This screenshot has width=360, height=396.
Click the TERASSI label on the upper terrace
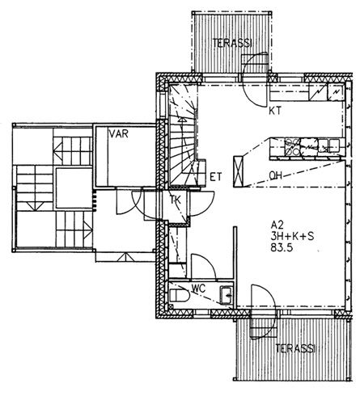pyautogui.click(x=232, y=43)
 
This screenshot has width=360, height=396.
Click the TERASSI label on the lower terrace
pyautogui.click(x=295, y=348)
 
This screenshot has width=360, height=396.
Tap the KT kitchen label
pyautogui.click(x=275, y=111)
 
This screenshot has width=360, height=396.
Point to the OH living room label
pyautogui.click(x=275, y=175)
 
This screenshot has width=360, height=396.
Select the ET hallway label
pyautogui.click(x=215, y=177)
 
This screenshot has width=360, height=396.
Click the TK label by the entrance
pyautogui.click(x=176, y=200)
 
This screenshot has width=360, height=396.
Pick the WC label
pyautogui.click(x=198, y=289)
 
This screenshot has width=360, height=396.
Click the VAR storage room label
pyautogui.click(x=118, y=133)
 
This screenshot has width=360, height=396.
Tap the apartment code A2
pyautogui.click(x=277, y=225)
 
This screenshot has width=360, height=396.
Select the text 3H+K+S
pyautogui.click(x=292, y=236)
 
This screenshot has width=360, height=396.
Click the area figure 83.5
pyautogui.click(x=282, y=247)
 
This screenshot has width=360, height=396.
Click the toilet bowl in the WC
pyautogui.click(x=180, y=296)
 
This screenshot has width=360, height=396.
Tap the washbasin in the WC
pyautogui.click(x=227, y=296)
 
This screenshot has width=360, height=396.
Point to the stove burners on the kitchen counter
pyautogui.click(x=292, y=147)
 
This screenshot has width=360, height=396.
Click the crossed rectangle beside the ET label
pyautogui.click(x=239, y=172)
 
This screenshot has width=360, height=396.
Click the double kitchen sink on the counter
pyautogui.click(x=328, y=144)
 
